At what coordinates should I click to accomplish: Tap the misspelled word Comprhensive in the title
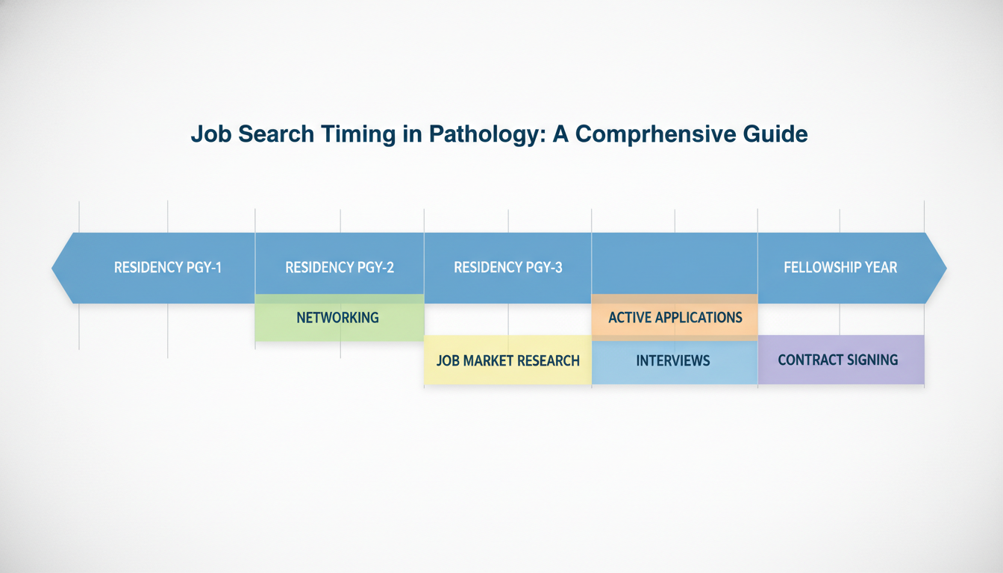click(x=652, y=135)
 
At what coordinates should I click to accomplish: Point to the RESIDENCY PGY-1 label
click(x=168, y=267)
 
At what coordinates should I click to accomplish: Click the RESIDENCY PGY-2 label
click(x=340, y=267)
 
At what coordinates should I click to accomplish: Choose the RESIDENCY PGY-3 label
click(x=508, y=267)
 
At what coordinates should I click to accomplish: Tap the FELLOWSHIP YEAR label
click(x=840, y=267)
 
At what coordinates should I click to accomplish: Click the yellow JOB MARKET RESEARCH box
click(x=507, y=361)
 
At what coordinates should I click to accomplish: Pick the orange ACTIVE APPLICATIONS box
click(x=675, y=318)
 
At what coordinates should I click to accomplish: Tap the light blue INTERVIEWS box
click(x=673, y=361)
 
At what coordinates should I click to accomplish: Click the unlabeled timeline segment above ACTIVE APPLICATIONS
click(x=675, y=265)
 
